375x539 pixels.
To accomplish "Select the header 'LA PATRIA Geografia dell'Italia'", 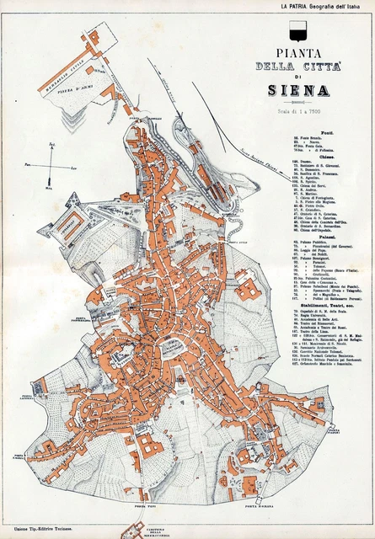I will tap(325, 6).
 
